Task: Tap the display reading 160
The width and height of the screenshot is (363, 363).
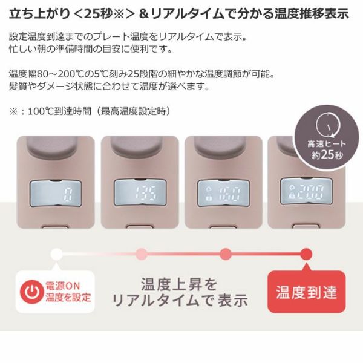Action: (223, 194)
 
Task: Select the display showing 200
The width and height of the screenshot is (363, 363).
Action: (306, 191)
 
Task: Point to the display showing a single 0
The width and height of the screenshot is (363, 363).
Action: (56, 194)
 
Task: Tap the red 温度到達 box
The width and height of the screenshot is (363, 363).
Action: (306, 292)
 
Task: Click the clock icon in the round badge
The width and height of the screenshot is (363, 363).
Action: (329, 125)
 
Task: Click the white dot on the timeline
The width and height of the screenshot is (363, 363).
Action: (57, 253)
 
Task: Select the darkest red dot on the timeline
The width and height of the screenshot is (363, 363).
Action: (306, 253)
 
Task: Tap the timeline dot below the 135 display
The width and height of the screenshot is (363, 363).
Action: (142, 253)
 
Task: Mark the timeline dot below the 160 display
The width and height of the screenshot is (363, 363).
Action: (226, 253)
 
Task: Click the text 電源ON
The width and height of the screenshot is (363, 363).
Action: (63, 286)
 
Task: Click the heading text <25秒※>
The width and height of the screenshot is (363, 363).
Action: (103, 14)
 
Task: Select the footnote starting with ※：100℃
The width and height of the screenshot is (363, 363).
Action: (90, 111)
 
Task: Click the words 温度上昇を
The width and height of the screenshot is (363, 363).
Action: (180, 284)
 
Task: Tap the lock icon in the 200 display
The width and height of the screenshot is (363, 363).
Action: (290, 196)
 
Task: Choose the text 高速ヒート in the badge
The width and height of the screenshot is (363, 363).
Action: (327, 144)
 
